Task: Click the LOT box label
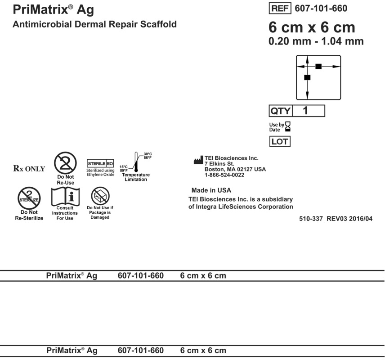coord(279,142)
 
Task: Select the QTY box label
coord(280,111)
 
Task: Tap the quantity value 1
coord(305,110)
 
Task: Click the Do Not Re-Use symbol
coord(65,163)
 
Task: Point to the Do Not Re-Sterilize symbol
coord(29,197)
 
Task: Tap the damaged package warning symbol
coord(99,196)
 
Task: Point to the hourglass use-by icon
coord(288,126)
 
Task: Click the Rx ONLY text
coord(30,169)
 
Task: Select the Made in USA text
coord(211,190)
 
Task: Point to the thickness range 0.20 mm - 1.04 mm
coord(316,41)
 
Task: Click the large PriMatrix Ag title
coord(54,9)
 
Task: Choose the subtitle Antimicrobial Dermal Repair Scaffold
coord(94,24)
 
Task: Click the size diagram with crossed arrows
coord(318,77)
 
